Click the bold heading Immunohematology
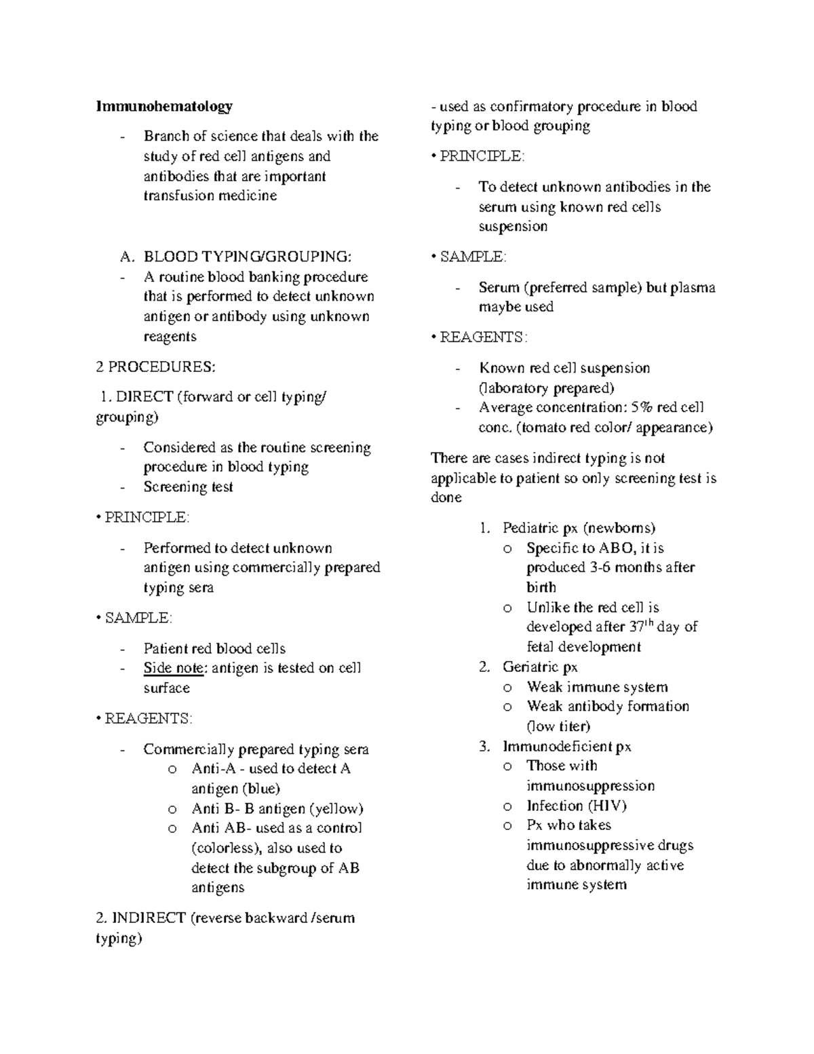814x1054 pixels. [x=164, y=106]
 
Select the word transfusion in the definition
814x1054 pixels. [x=176, y=196]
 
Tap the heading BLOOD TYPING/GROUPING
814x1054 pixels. [x=248, y=257]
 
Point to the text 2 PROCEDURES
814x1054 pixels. [x=156, y=367]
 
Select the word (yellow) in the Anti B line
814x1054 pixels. [x=336, y=809]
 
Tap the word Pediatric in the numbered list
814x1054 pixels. [x=531, y=528]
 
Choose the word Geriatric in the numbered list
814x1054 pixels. [x=531, y=667]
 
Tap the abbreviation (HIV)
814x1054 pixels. [x=606, y=806]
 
